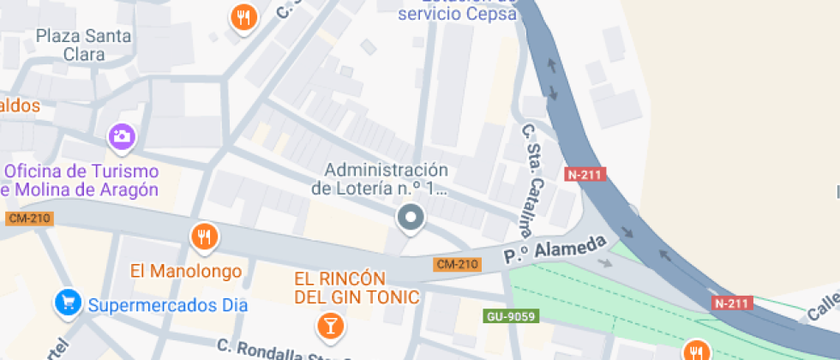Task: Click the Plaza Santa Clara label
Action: (84, 45)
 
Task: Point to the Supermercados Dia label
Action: (168, 304)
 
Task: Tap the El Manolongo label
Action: (186, 271)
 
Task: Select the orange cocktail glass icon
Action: (328, 325)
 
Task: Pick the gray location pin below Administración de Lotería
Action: (411, 219)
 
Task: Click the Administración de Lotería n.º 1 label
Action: (380, 178)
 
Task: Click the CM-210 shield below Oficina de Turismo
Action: (29, 219)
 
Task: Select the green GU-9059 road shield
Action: (509, 317)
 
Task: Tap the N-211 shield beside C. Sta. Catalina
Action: (586, 175)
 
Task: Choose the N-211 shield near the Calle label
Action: (732, 303)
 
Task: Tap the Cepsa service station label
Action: (459, 12)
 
